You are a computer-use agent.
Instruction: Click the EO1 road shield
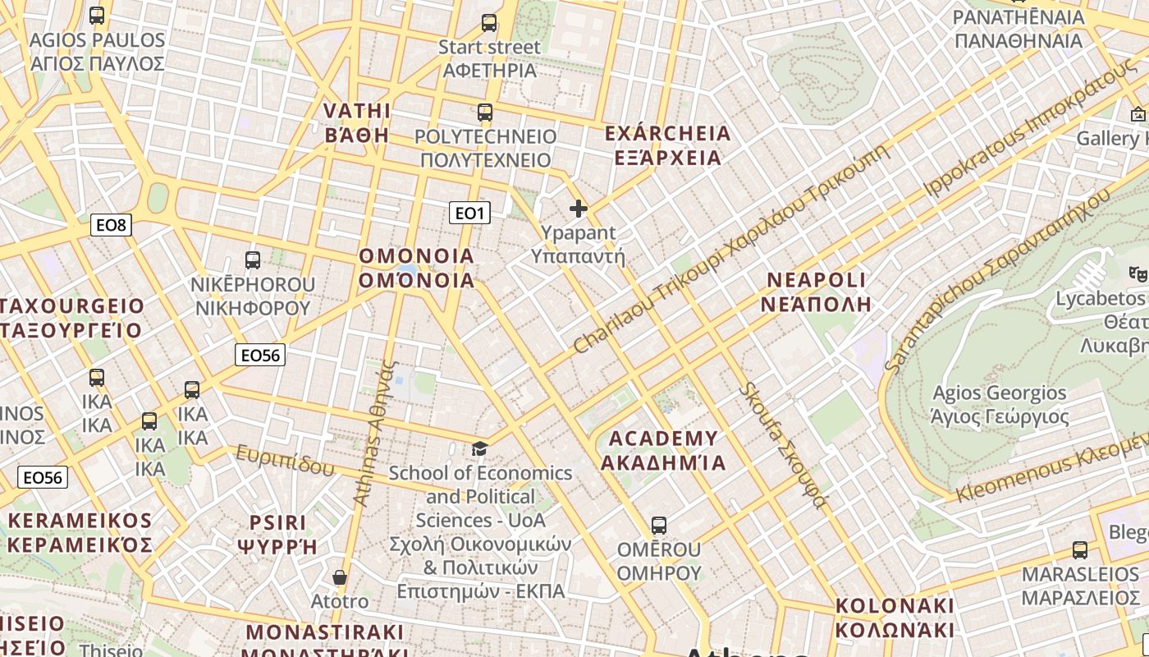[x=469, y=214]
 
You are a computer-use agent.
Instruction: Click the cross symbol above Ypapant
[x=579, y=209]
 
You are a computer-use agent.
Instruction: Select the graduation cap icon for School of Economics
[x=479, y=448]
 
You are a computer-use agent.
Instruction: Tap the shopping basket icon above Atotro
[x=340, y=577]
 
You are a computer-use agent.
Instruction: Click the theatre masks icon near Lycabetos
[x=1137, y=273]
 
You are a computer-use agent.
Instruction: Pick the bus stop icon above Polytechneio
[x=485, y=113]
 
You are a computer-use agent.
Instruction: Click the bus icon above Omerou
[x=658, y=525]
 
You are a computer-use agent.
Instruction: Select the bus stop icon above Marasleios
[x=1079, y=550]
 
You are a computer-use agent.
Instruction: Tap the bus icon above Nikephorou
[x=253, y=260]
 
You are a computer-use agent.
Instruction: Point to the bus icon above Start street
[x=489, y=23]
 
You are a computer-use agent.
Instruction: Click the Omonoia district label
[x=417, y=269]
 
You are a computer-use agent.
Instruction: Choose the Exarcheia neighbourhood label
[x=667, y=145]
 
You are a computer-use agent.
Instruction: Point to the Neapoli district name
[x=816, y=292]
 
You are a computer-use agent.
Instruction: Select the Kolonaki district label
[x=895, y=618]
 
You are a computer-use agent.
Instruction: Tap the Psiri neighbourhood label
[x=277, y=534]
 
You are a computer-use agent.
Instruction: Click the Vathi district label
[x=357, y=123]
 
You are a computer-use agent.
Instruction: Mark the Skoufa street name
[x=783, y=444]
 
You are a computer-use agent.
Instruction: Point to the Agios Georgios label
[x=1000, y=405]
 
